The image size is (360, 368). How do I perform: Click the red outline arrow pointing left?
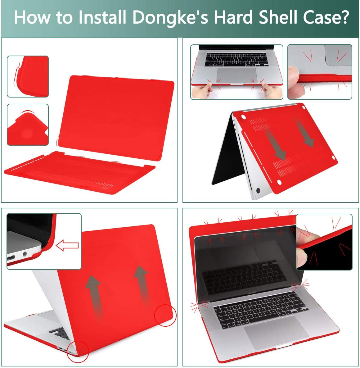67,246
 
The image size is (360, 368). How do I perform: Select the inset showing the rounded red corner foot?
28,125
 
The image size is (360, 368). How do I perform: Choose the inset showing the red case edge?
28,76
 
